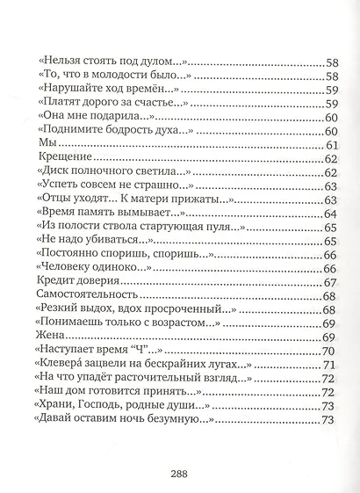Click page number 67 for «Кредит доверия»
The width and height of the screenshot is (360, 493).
click(331, 282)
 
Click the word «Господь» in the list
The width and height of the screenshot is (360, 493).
click(115, 406)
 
